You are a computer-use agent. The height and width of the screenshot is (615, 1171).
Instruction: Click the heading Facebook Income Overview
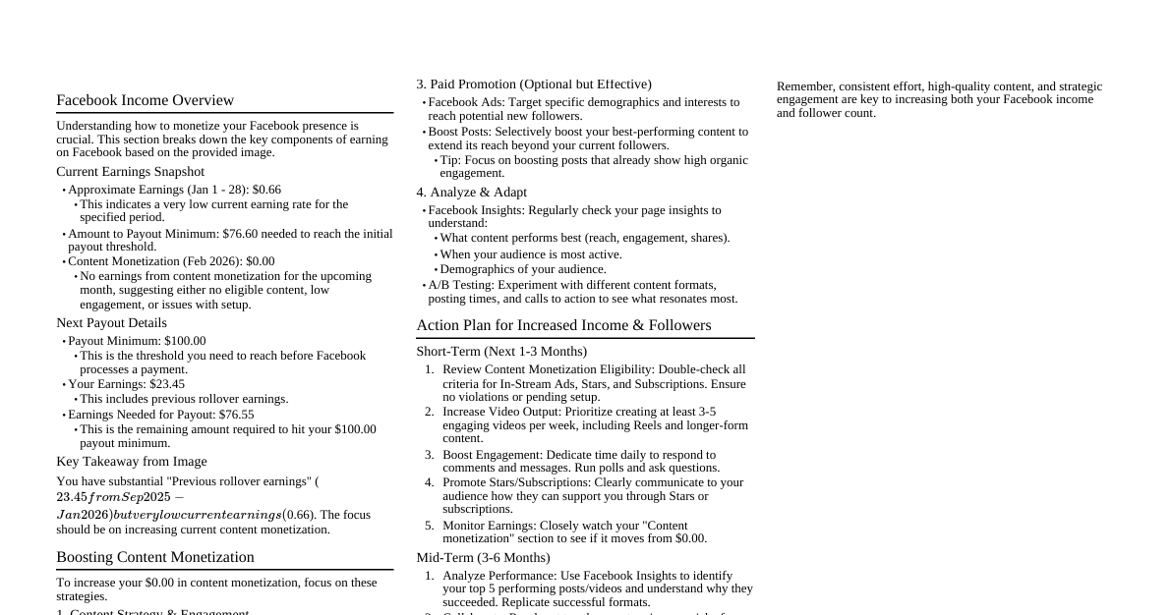pos(145,100)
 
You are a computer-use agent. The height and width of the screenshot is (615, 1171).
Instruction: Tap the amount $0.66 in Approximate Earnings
pos(266,190)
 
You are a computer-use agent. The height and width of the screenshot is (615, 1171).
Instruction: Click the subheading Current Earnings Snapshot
pos(130,172)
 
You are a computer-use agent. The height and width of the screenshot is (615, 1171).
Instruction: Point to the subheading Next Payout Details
pos(111,323)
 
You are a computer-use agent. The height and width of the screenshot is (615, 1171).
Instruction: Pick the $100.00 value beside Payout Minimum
pos(185,341)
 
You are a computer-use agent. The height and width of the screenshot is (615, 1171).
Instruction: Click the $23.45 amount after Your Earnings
pos(167,384)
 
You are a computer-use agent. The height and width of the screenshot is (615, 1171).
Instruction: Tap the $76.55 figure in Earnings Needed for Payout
pos(236,415)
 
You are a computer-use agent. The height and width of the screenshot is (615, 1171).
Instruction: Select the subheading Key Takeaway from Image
pos(132,462)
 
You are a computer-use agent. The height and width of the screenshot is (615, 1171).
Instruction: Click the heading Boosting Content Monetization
pos(155,557)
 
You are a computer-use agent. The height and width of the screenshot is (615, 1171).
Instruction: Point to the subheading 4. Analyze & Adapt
pos(471,193)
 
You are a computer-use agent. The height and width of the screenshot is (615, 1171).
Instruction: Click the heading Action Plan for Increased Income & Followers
pos(563,325)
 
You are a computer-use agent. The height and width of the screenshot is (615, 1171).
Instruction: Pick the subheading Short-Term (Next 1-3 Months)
pos(501,352)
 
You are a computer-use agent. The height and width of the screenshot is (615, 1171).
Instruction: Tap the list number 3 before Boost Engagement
pos(429,455)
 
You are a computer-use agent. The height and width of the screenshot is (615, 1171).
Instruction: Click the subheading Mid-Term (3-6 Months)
pos(483,558)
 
